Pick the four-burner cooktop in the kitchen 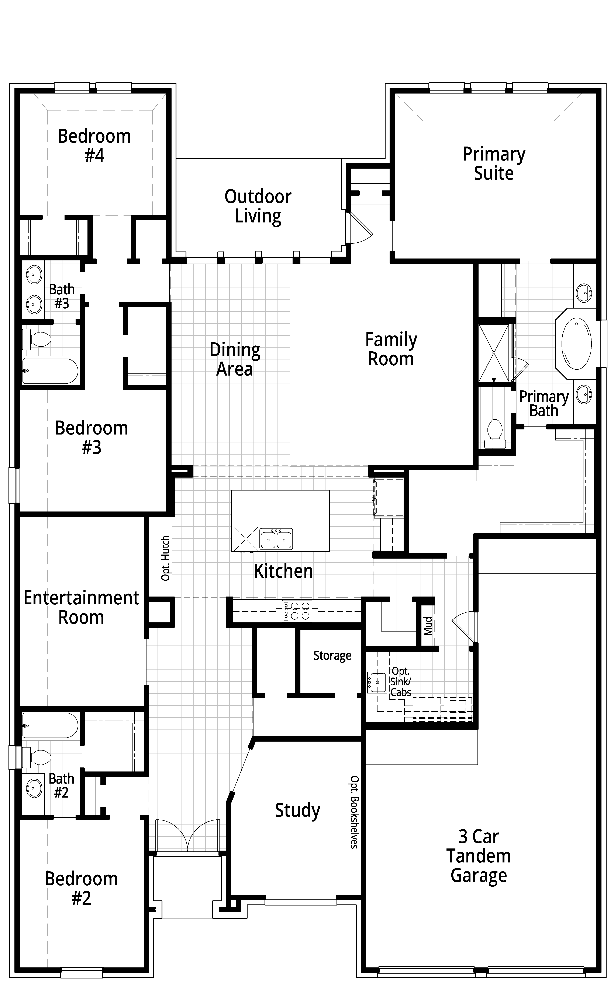pyautogui.click(x=297, y=611)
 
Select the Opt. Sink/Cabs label pyautogui.click(x=401, y=682)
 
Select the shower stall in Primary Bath pyautogui.click(x=494, y=352)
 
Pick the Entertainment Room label pyautogui.click(x=81, y=607)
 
